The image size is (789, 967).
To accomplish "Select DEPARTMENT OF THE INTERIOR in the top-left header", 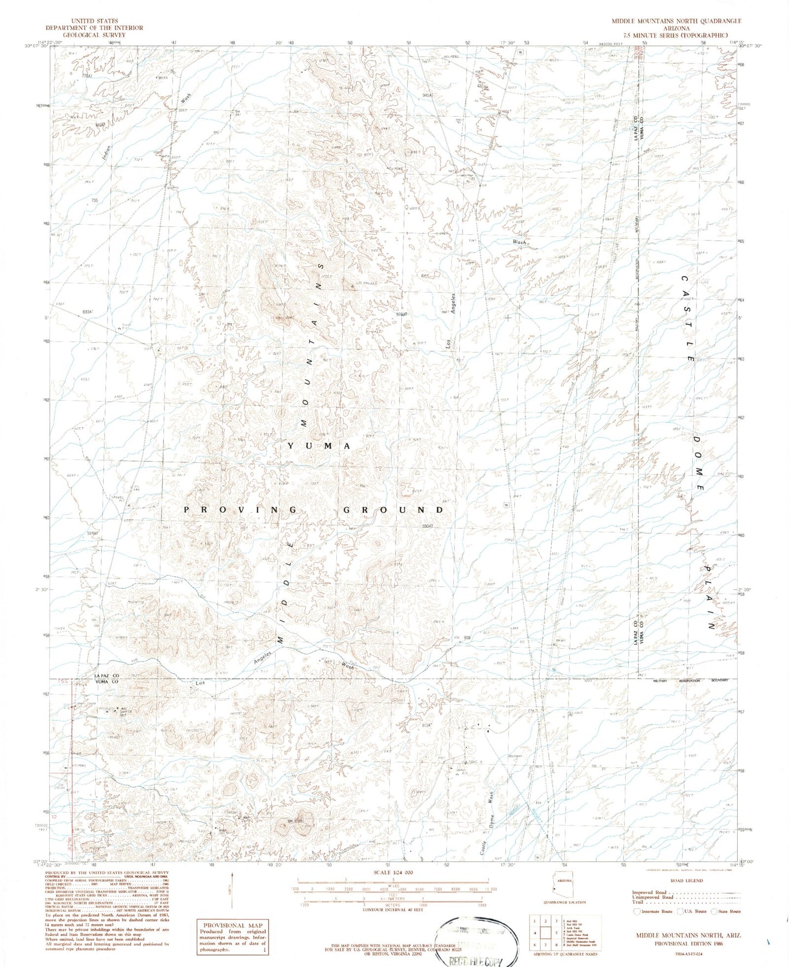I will pyautogui.click(x=94, y=28).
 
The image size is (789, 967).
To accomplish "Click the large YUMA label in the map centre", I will pyautogui.click(x=319, y=446).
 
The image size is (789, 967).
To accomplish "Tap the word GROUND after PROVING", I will pyautogui.click(x=393, y=510).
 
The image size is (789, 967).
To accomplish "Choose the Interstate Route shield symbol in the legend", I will pyautogui.click(x=637, y=911).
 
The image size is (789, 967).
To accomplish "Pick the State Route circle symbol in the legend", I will pyautogui.click(x=716, y=911).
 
